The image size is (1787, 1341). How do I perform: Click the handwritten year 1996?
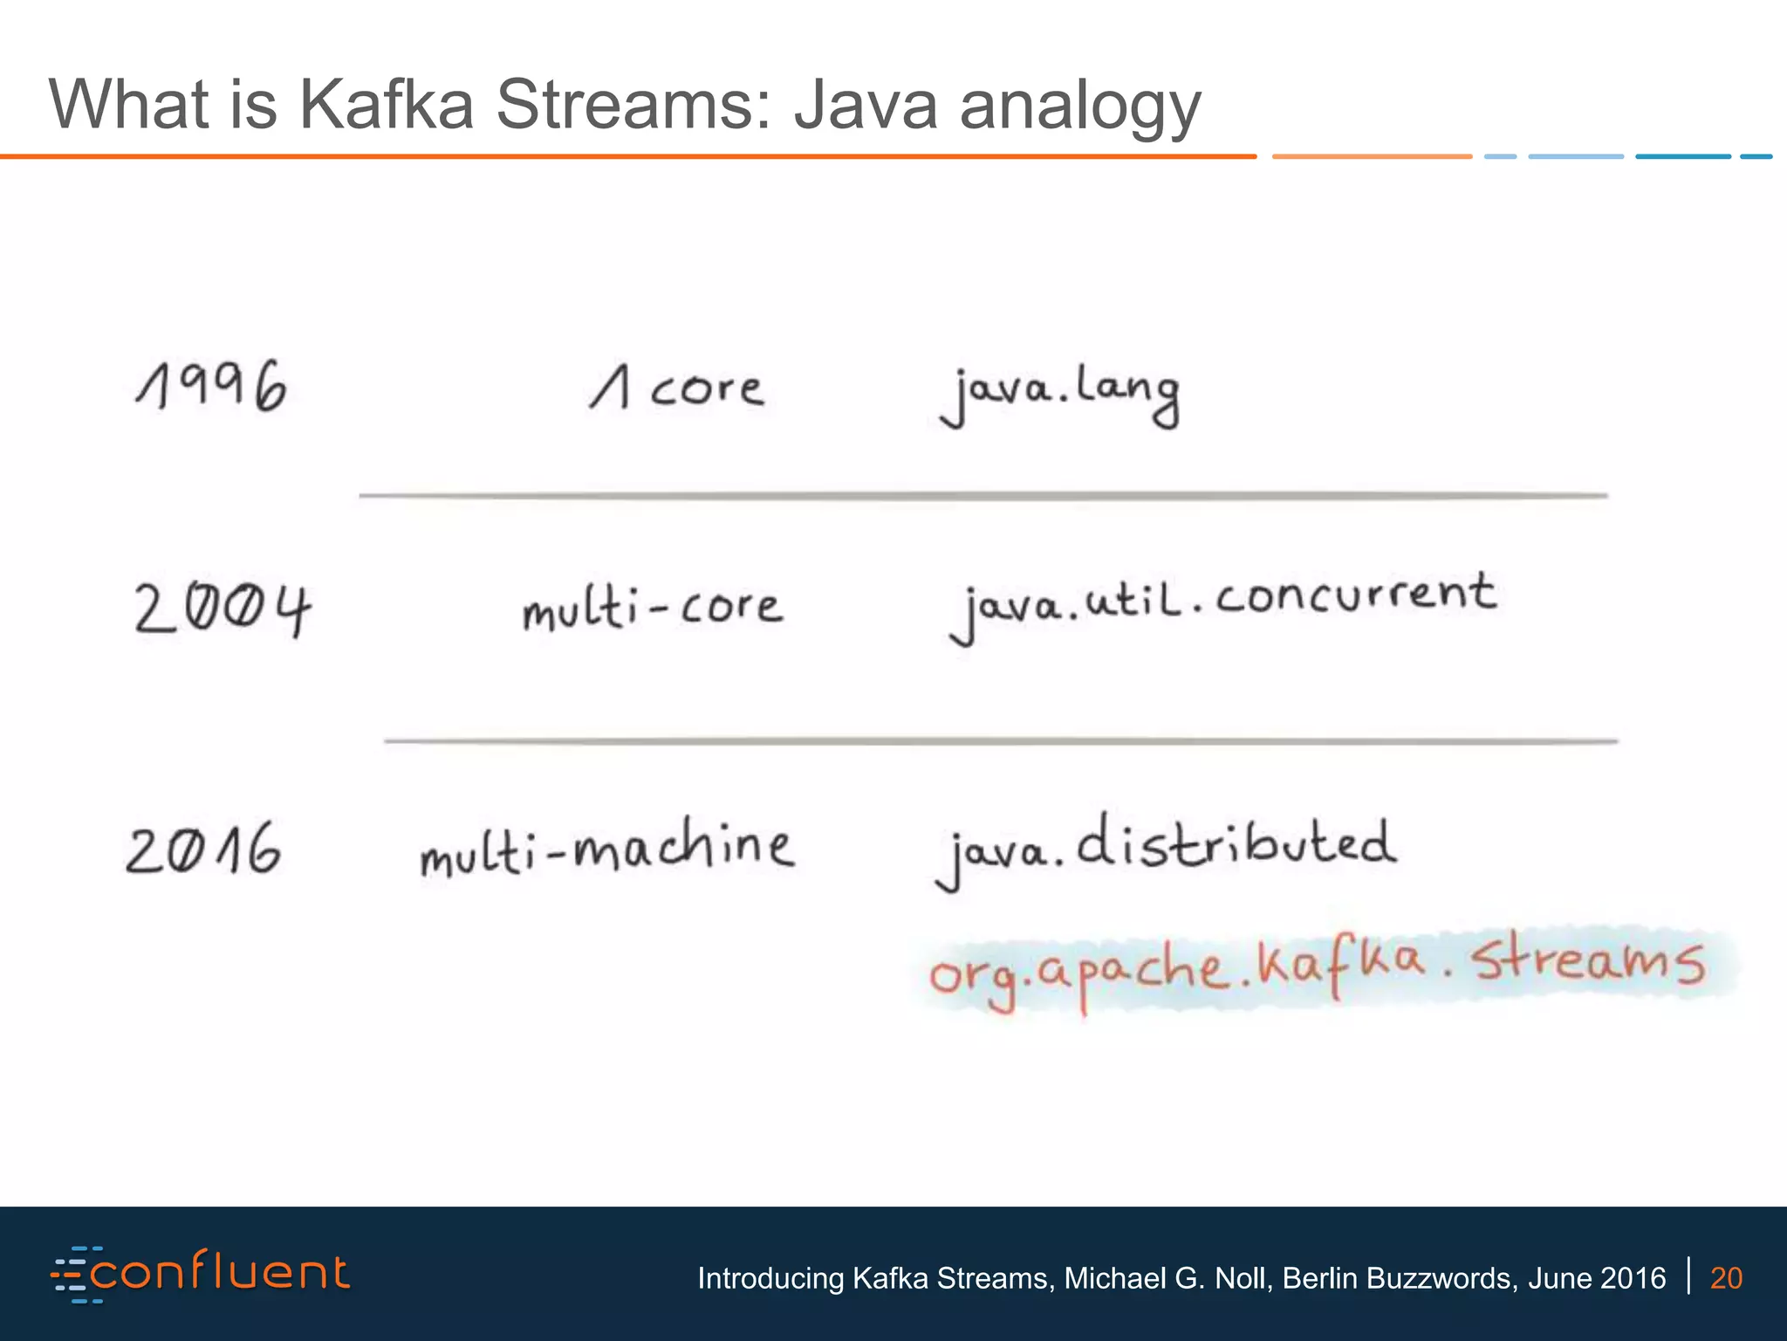[211, 386]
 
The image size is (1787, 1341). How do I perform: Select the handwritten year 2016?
[204, 849]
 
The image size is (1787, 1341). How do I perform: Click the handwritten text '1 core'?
[678, 388]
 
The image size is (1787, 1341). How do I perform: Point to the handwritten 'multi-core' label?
[653, 607]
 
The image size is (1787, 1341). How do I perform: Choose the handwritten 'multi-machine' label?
[607, 847]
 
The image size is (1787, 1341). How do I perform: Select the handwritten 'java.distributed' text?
[1166, 849]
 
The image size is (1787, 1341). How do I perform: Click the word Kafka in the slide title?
[387, 105]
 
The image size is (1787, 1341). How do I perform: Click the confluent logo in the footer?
[201, 1274]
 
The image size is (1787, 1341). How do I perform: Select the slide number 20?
[1726, 1278]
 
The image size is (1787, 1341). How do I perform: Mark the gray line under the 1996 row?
[983, 495]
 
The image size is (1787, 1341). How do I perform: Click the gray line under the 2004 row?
[1001, 741]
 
